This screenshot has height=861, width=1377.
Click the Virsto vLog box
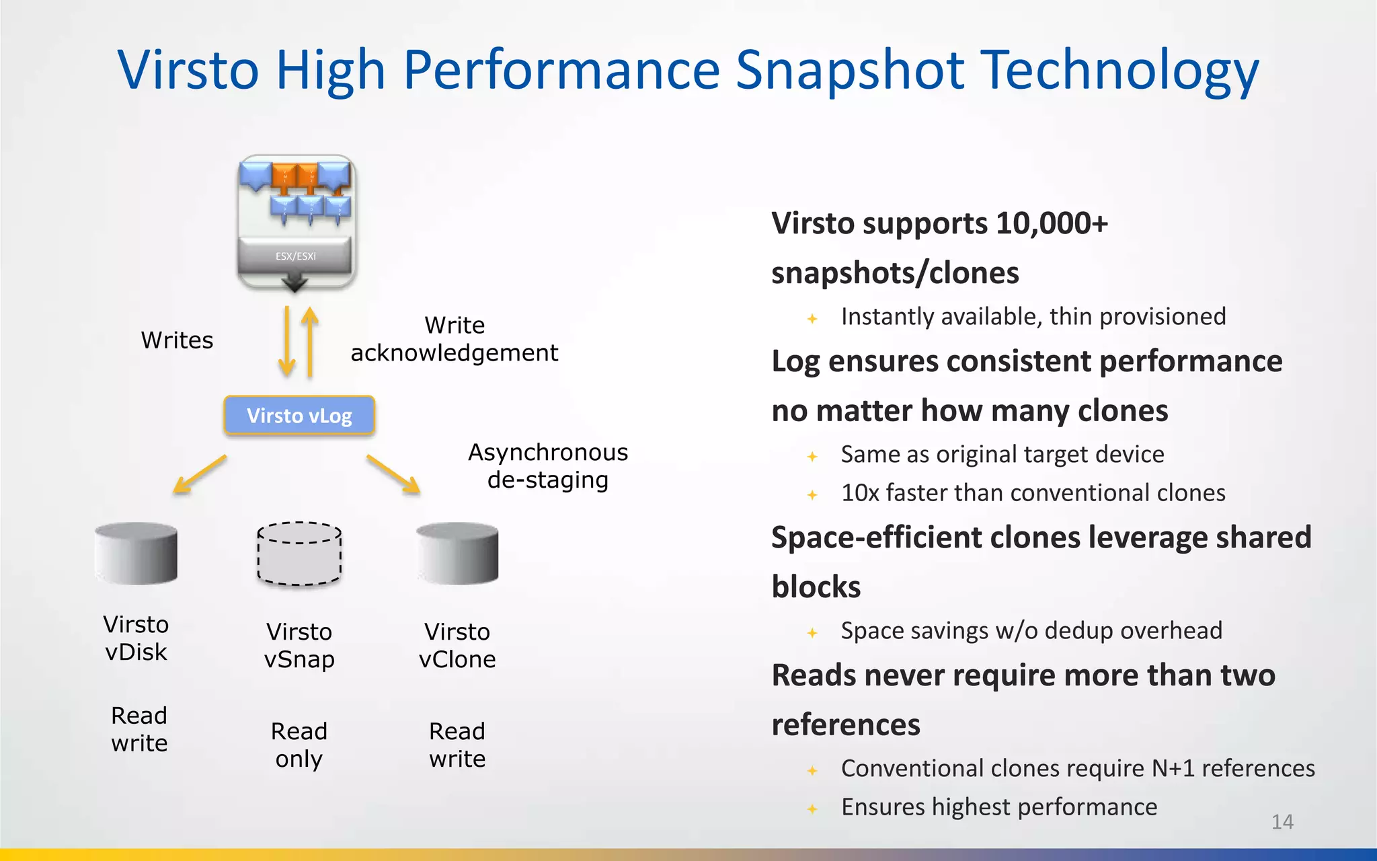(x=299, y=416)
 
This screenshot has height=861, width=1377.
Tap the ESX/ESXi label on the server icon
(x=295, y=256)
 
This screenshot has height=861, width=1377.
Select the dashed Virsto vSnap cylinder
(x=299, y=554)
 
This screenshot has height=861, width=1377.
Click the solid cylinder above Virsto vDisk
(x=136, y=553)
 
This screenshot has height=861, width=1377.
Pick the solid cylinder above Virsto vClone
(x=457, y=553)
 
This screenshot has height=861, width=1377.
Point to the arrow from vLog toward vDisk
(x=200, y=474)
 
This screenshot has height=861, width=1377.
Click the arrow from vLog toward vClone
(x=393, y=474)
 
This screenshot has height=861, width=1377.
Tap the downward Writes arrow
(x=287, y=341)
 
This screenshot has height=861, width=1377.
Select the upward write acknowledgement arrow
(x=310, y=341)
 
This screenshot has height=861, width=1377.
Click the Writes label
(x=177, y=340)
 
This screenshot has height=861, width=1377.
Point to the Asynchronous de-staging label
(x=548, y=466)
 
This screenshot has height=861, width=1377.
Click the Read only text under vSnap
(x=299, y=745)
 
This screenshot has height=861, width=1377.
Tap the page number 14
(x=1282, y=822)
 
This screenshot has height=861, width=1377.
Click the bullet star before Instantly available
(x=812, y=319)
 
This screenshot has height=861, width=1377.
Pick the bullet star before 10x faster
(x=812, y=495)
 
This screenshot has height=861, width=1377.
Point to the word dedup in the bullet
(x=1079, y=631)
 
